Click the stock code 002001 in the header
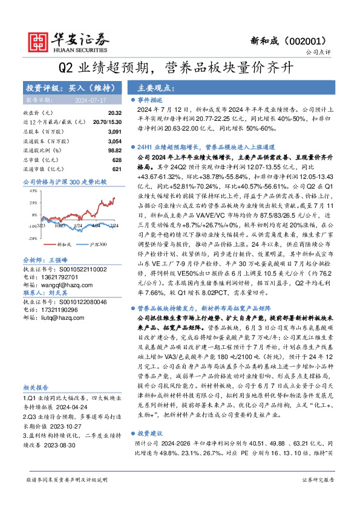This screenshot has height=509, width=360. pyautogui.click(x=313, y=41)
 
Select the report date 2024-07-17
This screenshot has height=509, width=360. pyautogui.click(x=90, y=100)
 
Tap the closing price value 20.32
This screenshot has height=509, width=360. pyautogui.click(x=116, y=113)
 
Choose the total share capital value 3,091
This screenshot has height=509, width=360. pyautogui.click(x=115, y=131)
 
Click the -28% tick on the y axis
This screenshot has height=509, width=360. pyautogui.click(x=34, y=239)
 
